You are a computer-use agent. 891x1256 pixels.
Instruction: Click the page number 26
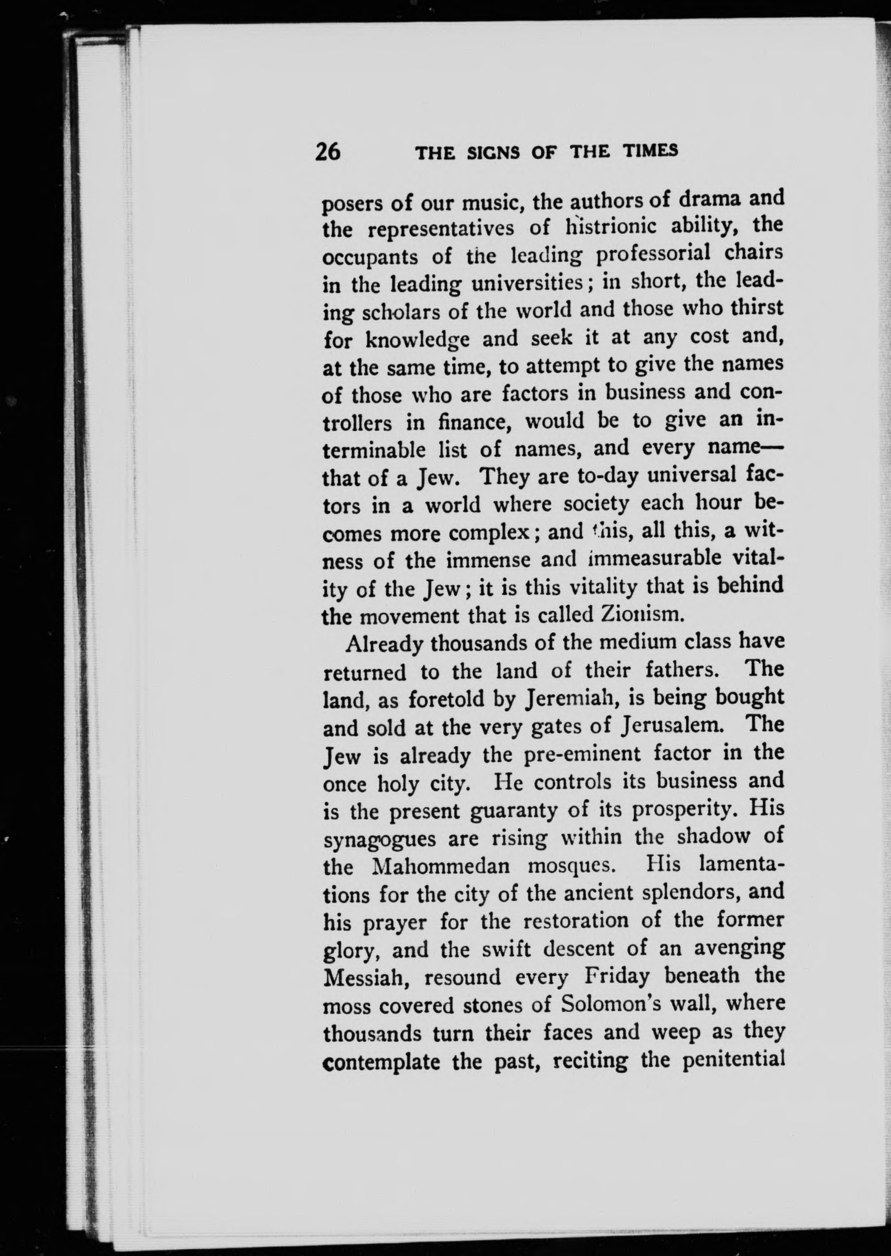(327, 152)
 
